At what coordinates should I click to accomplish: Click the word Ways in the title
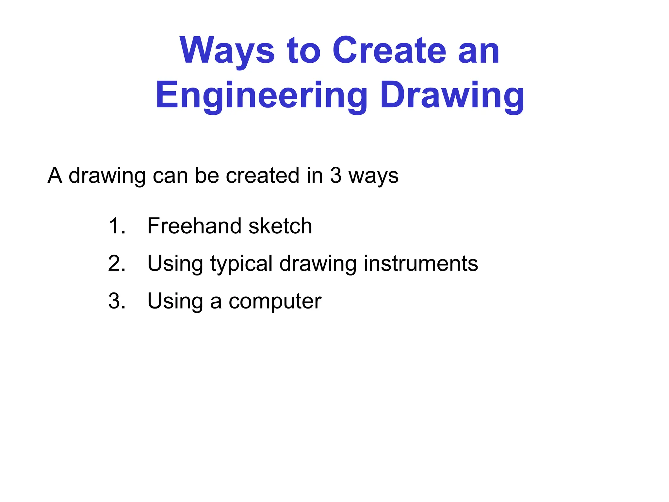(x=227, y=51)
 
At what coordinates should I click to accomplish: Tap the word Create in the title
(x=389, y=51)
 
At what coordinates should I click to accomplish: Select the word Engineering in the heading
(x=261, y=95)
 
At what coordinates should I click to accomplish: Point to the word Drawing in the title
(x=452, y=95)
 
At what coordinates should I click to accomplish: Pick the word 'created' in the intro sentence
(x=263, y=176)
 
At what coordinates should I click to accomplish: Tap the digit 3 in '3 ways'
(x=336, y=176)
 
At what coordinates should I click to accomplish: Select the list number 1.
(x=116, y=226)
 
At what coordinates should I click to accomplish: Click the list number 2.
(x=116, y=263)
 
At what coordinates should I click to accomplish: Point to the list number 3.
(x=116, y=301)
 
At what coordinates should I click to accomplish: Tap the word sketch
(x=280, y=226)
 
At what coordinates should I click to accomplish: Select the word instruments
(x=421, y=263)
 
